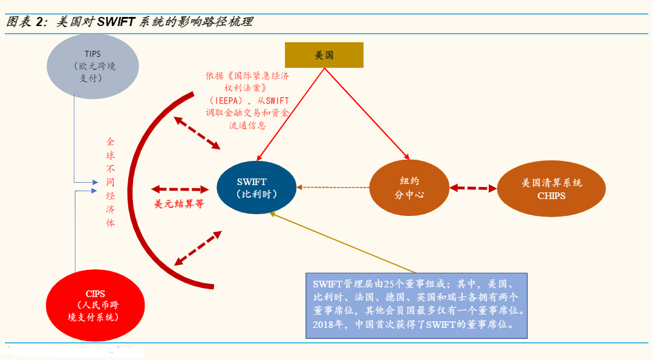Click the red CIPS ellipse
[95, 305]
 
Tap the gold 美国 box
[324, 55]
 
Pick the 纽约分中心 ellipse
[409, 188]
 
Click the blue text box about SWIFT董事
[417, 305]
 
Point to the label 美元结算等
[179, 204]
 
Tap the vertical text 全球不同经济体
[110, 182]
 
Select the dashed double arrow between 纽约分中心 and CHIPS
[473, 188]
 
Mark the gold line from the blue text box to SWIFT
[345, 243]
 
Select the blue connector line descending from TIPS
[74, 139]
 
